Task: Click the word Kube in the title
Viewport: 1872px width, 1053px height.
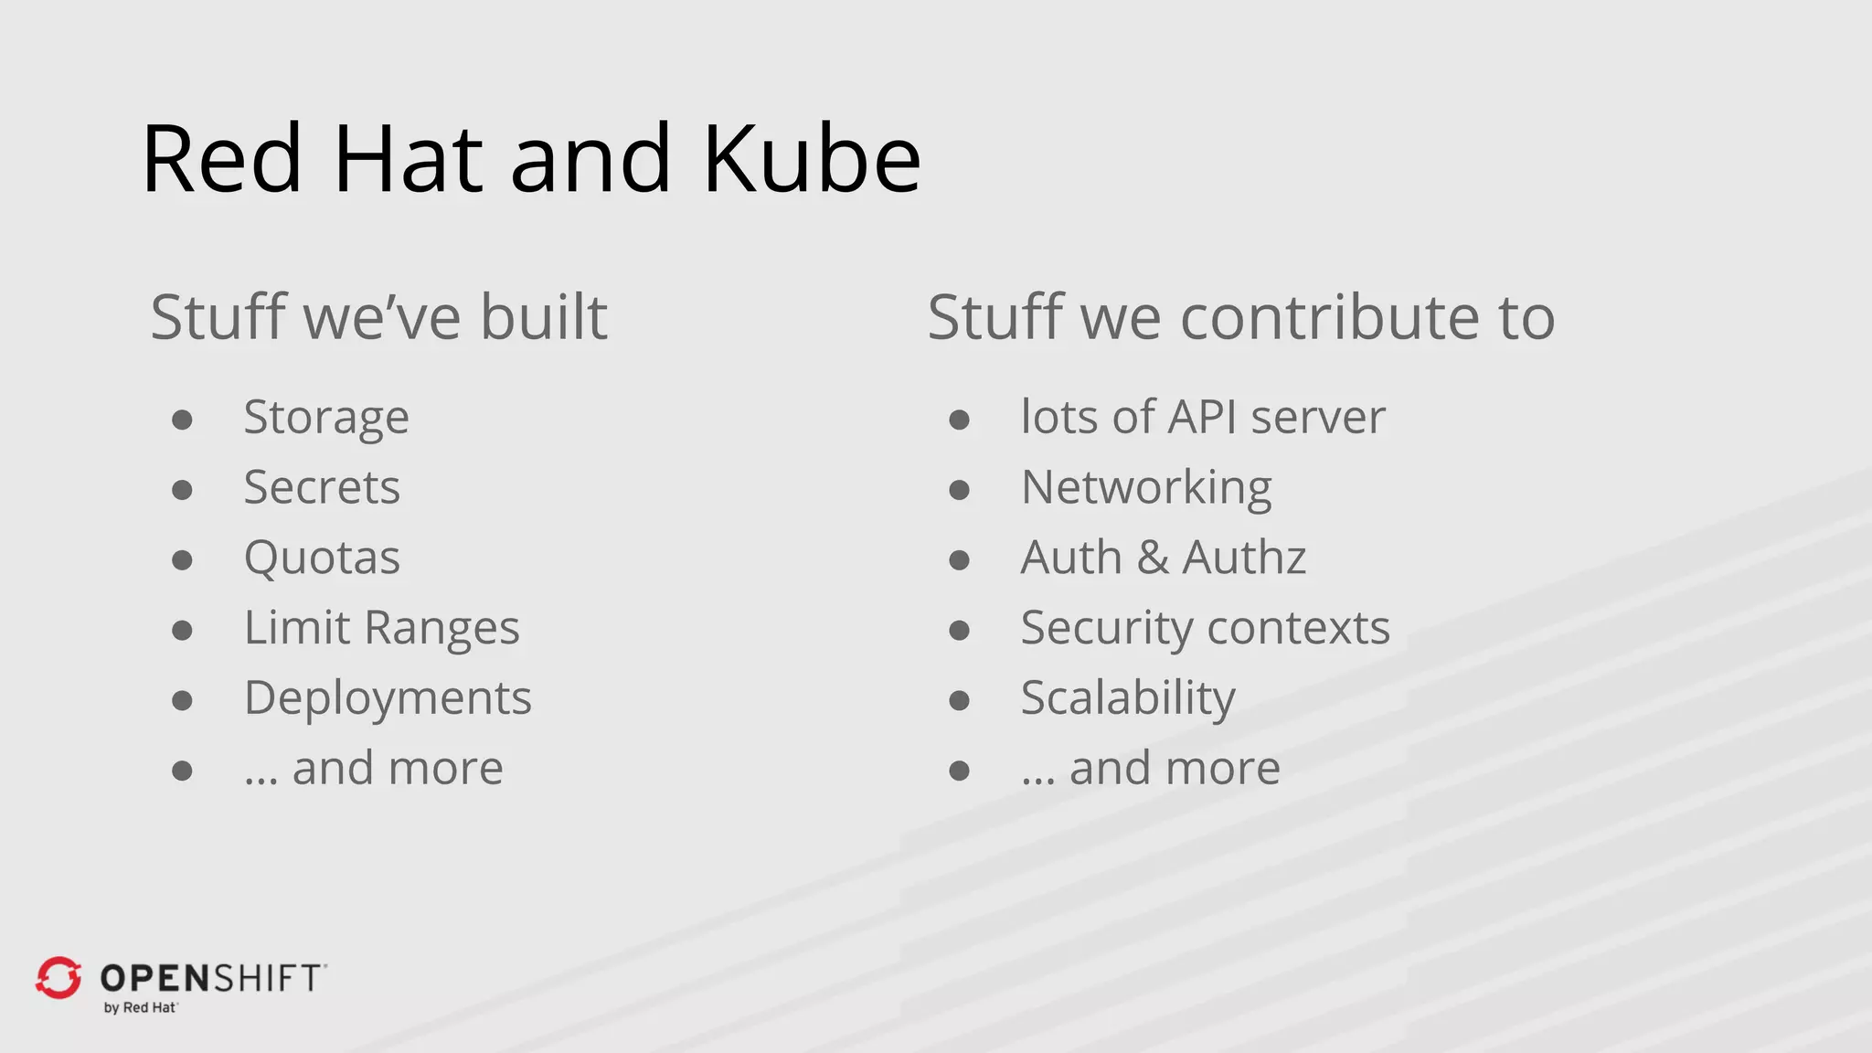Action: tap(811, 159)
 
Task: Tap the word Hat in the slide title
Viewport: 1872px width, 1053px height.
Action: tap(408, 159)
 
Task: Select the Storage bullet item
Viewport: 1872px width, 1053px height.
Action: tap(326, 419)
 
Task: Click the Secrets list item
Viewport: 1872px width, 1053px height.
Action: tap(322, 488)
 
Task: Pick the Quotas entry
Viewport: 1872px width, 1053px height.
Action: tap(322, 558)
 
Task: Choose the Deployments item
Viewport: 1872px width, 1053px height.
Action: tap(388, 699)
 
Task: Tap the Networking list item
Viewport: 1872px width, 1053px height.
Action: tap(1146, 488)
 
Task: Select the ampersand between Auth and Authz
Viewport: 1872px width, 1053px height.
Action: tap(1153, 558)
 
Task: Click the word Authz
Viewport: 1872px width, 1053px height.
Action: tap(1244, 558)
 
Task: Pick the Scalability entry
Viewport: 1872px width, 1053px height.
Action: tap(1128, 699)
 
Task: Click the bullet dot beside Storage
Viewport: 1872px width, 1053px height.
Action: tap(182, 420)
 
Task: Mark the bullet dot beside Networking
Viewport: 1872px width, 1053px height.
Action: tap(959, 490)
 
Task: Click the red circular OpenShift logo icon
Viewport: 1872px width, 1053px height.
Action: tap(58, 978)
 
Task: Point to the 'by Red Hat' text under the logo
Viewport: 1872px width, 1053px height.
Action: tap(140, 1007)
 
